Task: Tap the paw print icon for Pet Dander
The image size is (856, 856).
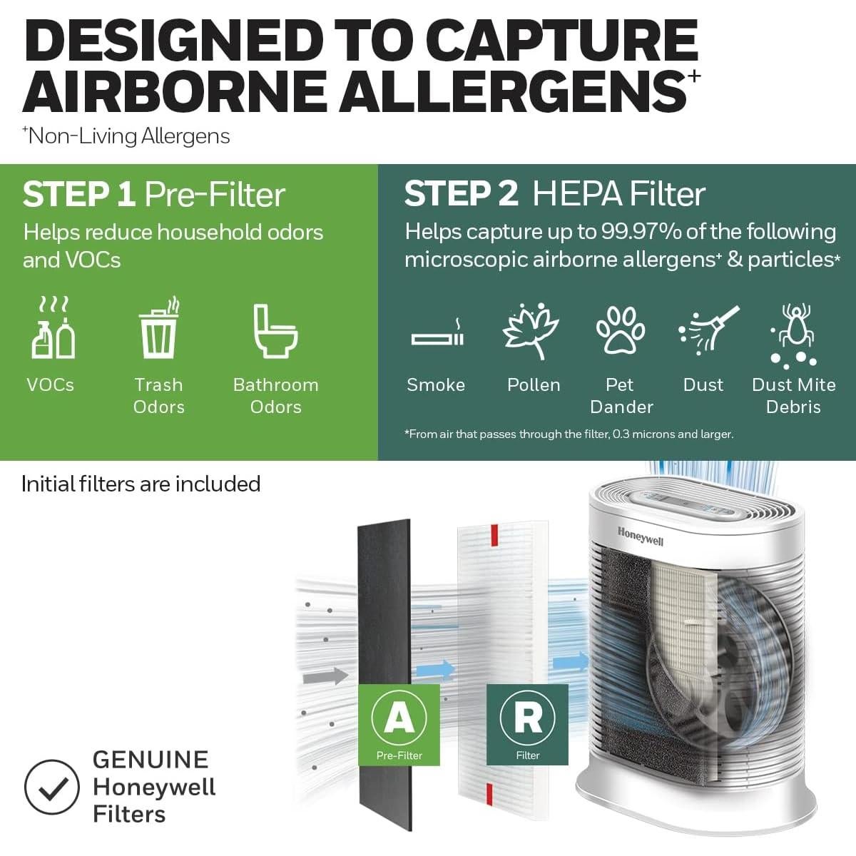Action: coord(620,330)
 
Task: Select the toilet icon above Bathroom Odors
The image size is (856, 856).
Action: coord(275,330)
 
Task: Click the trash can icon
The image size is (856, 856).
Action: coord(158,329)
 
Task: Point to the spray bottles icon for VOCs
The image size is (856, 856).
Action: coord(53,330)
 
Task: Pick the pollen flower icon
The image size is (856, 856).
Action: coord(531,330)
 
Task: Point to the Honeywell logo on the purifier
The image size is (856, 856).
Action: coord(640,536)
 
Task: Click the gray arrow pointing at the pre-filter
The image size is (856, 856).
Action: coord(325,675)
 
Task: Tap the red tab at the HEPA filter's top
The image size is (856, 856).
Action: coord(491,536)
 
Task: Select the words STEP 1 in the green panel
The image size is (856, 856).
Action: coord(78,195)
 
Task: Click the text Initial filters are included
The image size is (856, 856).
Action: coord(141,484)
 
